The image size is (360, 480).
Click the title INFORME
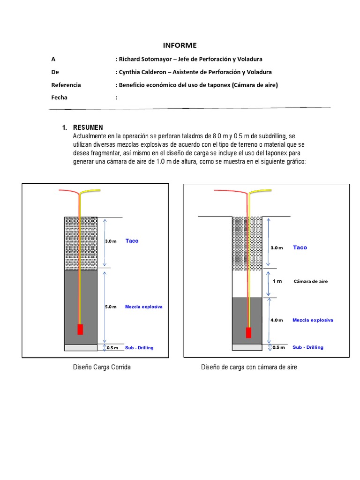180,45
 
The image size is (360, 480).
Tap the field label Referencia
66,85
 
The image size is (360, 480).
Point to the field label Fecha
59,97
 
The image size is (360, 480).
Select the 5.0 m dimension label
111,307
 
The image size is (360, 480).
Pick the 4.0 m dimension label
277,320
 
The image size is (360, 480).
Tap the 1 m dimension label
277,281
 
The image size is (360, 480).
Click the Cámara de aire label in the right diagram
310,281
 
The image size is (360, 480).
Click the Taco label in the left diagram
132,240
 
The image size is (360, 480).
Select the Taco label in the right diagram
300,247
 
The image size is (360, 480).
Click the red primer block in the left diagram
80,329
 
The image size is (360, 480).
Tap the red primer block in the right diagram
248,332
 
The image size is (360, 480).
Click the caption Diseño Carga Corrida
102,367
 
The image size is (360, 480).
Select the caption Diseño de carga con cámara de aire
249,367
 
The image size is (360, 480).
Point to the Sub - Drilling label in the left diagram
139,348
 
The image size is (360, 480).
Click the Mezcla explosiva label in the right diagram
313,320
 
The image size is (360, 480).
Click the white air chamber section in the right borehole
240,284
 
